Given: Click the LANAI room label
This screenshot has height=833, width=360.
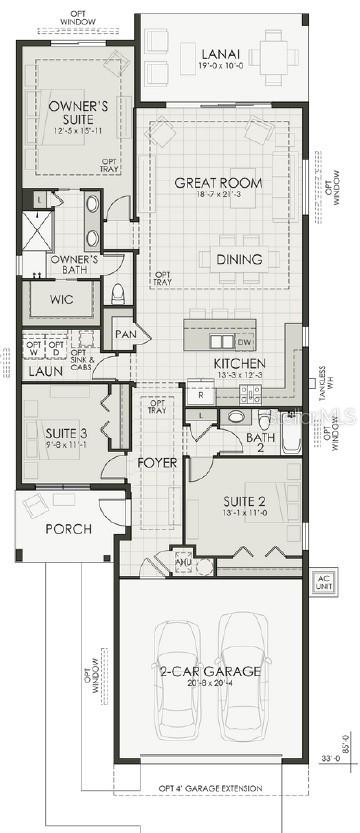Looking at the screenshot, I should click(218, 54).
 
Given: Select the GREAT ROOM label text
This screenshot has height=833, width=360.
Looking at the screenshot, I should click(218, 182).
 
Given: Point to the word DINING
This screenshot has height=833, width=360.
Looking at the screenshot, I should click(240, 259).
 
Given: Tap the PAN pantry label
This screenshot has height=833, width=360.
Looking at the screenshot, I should click(125, 334).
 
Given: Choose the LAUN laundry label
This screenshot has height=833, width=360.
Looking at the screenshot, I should click(45, 371).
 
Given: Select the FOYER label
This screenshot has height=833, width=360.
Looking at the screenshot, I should click(158, 463).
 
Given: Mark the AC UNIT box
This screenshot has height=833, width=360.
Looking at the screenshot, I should click(323, 582).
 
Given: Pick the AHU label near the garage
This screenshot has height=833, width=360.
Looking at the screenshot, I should click(181, 561).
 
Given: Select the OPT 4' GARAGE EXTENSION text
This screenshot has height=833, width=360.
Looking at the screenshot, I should click(210, 788).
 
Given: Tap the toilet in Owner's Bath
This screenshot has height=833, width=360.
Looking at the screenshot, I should click(117, 293).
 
